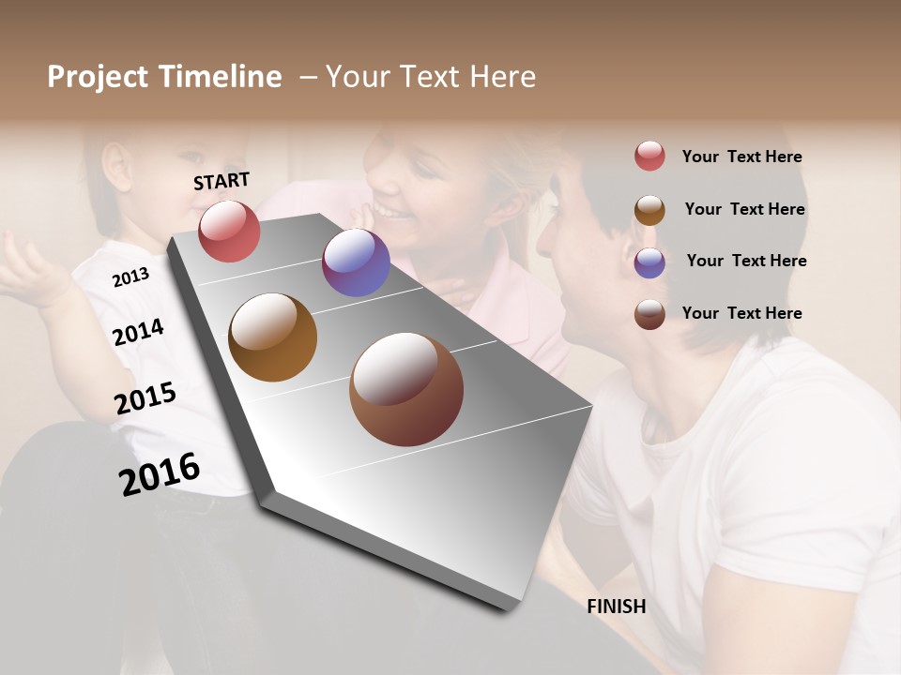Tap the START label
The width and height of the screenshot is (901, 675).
coord(221,181)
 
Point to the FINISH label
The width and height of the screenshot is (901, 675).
coord(617,607)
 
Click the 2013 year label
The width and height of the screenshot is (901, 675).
coord(130,277)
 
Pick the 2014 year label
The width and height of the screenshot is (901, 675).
coord(138,332)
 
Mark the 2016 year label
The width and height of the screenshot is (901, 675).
coord(160,473)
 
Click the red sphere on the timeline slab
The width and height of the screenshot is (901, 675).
coord(229,231)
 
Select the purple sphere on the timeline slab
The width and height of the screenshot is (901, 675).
coord(356,262)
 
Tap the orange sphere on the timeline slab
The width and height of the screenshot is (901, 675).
coord(272,337)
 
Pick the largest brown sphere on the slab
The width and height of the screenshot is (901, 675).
coord(406,389)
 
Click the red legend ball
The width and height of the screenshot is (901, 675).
coord(649,157)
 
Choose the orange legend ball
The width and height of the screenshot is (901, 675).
coord(649,210)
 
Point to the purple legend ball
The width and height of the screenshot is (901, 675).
coord(649,262)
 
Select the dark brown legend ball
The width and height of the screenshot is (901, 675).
coord(649,314)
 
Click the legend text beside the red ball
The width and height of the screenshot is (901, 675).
coord(741,157)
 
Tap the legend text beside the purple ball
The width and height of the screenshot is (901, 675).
coord(746,261)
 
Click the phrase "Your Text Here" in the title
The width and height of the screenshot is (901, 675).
coord(431,77)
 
